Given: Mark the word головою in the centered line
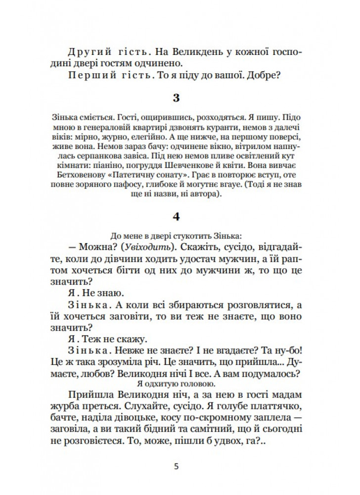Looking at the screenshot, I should tap(201, 384).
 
